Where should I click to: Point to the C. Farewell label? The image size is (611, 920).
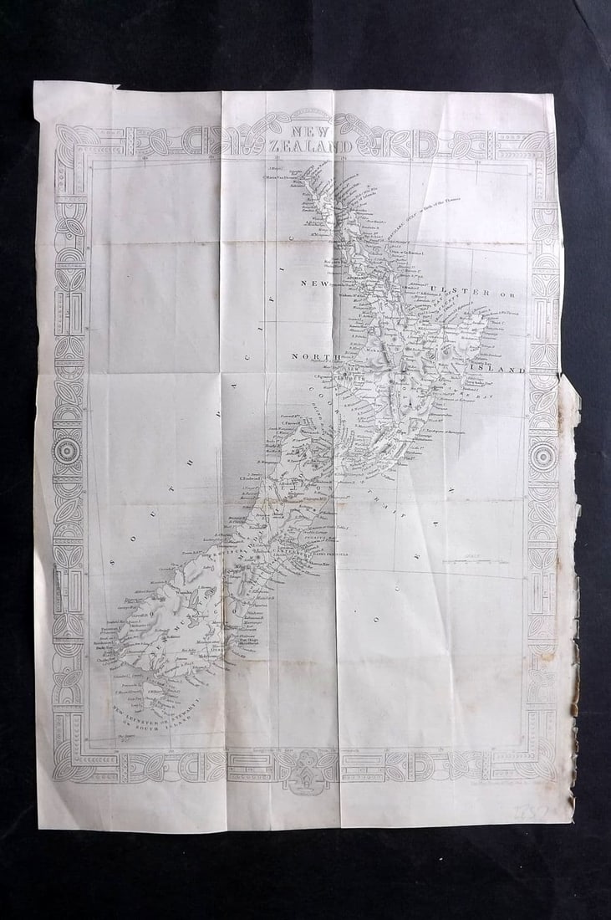point(288,421)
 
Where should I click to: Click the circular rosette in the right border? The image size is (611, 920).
point(544,456)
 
